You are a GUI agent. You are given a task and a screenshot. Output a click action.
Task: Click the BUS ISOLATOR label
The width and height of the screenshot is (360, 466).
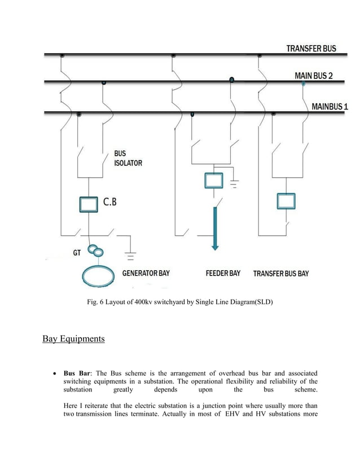point(128,158)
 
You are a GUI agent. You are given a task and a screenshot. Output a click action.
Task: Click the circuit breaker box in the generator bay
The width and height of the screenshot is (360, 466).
point(89,204)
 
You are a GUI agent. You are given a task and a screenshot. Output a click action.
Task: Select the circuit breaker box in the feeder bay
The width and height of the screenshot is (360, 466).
point(213,181)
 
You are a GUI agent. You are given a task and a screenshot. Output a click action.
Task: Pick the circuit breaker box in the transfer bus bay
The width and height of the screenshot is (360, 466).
point(286,200)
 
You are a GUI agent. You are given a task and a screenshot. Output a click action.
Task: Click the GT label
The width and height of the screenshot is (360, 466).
point(77,253)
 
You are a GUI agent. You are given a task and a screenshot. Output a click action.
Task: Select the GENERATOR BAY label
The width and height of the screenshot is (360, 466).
point(146,274)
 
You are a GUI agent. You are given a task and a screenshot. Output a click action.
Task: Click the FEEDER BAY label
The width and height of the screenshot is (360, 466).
point(223,274)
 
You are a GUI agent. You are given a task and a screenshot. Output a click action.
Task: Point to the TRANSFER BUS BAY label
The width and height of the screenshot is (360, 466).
point(280,274)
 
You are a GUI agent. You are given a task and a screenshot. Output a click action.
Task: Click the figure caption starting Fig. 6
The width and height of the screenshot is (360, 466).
point(179,302)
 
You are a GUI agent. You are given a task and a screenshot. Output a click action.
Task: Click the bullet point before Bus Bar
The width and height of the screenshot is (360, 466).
point(53,374)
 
